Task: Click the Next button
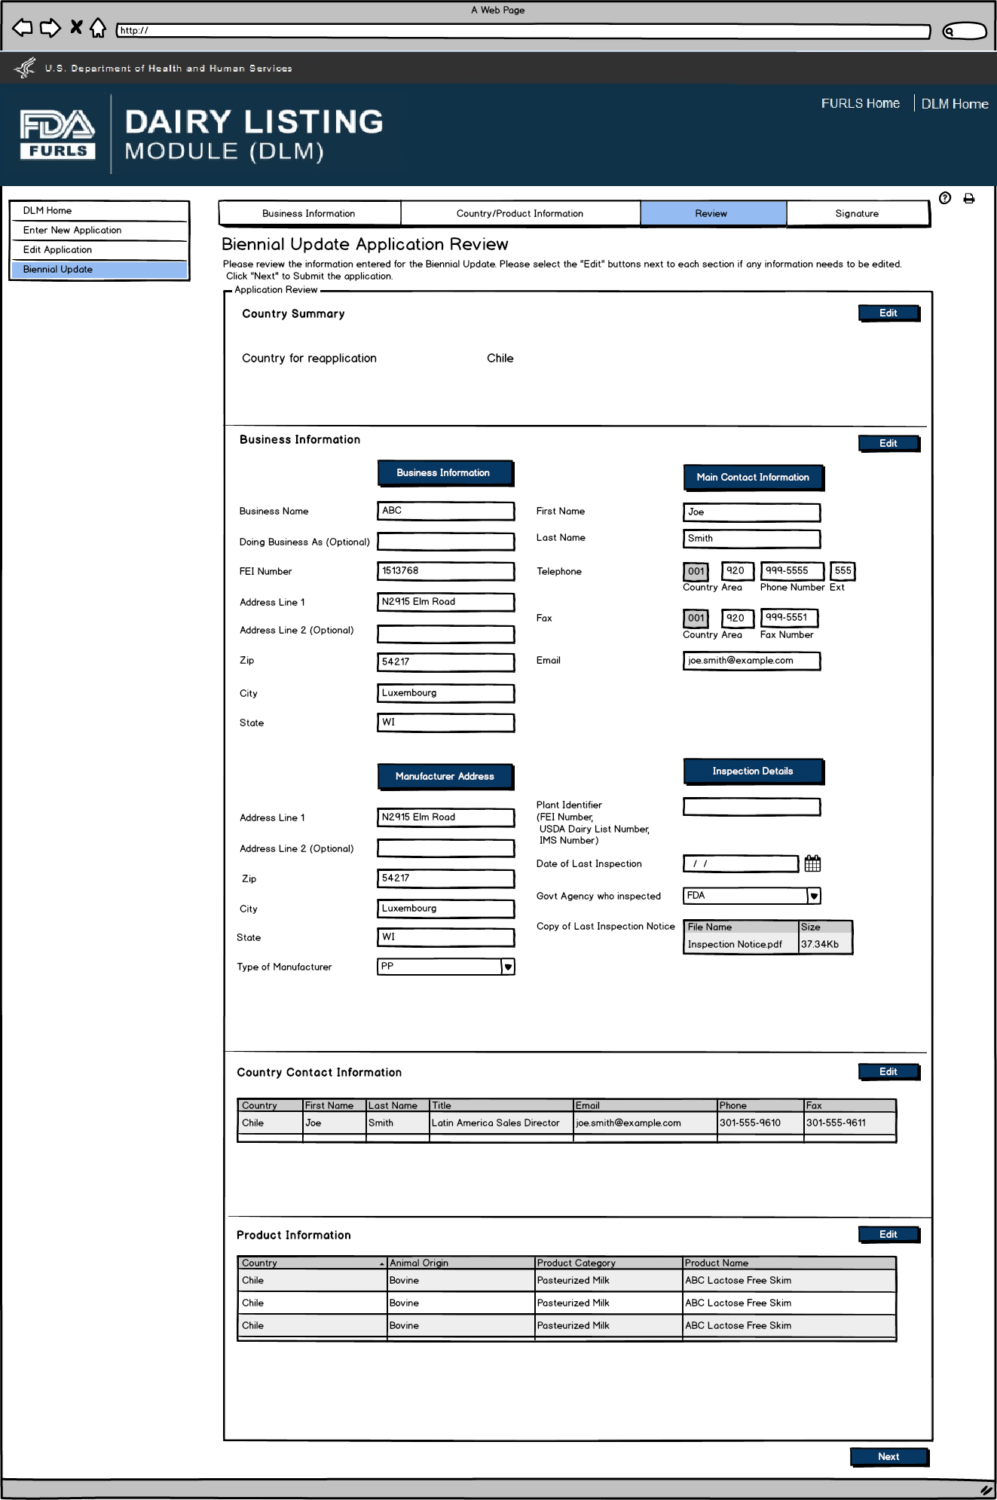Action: [888, 1456]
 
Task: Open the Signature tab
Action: [857, 213]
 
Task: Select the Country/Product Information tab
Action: [519, 213]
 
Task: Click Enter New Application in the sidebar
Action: [72, 231]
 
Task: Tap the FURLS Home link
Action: [860, 104]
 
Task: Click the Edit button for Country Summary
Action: [888, 313]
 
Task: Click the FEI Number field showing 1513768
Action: [445, 571]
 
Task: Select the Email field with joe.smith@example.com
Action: [751, 661]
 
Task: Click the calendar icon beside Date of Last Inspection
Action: [812, 863]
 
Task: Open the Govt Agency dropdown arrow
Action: [814, 896]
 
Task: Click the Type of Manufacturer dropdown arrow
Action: [508, 967]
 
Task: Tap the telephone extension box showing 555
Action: [843, 571]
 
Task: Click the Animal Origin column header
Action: [460, 1263]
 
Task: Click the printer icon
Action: [969, 199]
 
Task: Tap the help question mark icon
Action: [945, 198]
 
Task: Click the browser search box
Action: [965, 31]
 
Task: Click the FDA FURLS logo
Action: [57, 134]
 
